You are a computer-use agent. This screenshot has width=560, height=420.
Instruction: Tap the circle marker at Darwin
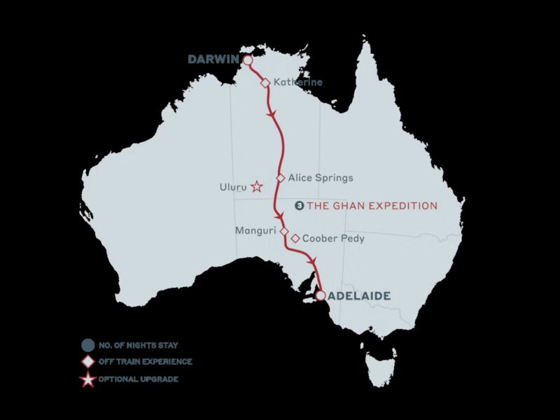pyautogui.click(x=247, y=60)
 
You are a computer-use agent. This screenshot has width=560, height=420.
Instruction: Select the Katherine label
pyautogui.click(x=297, y=82)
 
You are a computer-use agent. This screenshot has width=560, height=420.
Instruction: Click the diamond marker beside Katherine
pyautogui.click(x=265, y=82)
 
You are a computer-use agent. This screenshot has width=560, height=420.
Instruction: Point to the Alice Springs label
pyautogui.click(x=316, y=178)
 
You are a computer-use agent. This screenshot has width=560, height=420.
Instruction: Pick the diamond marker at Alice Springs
pyautogui.click(x=281, y=178)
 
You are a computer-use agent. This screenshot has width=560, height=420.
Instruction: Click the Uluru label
pyautogui.click(x=234, y=187)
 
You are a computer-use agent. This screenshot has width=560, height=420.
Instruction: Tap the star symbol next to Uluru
pyautogui.click(x=257, y=186)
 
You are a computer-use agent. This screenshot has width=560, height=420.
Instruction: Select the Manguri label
pyautogui.click(x=256, y=230)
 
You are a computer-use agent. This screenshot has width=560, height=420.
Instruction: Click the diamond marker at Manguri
pyautogui.click(x=284, y=230)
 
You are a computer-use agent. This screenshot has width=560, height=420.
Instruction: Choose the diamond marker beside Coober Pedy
pyautogui.click(x=296, y=238)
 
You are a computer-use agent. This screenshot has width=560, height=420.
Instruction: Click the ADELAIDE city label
pyautogui.click(x=359, y=296)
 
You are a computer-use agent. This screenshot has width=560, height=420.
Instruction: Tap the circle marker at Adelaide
pyautogui.click(x=320, y=296)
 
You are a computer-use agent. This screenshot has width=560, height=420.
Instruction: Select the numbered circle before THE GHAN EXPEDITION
pyautogui.click(x=300, y=206)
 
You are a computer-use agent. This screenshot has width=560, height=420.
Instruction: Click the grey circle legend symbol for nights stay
pyautogui.click(x=87, y=344)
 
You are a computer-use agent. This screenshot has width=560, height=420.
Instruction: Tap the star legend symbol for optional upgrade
pyautogui.click(x=87, y=379)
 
